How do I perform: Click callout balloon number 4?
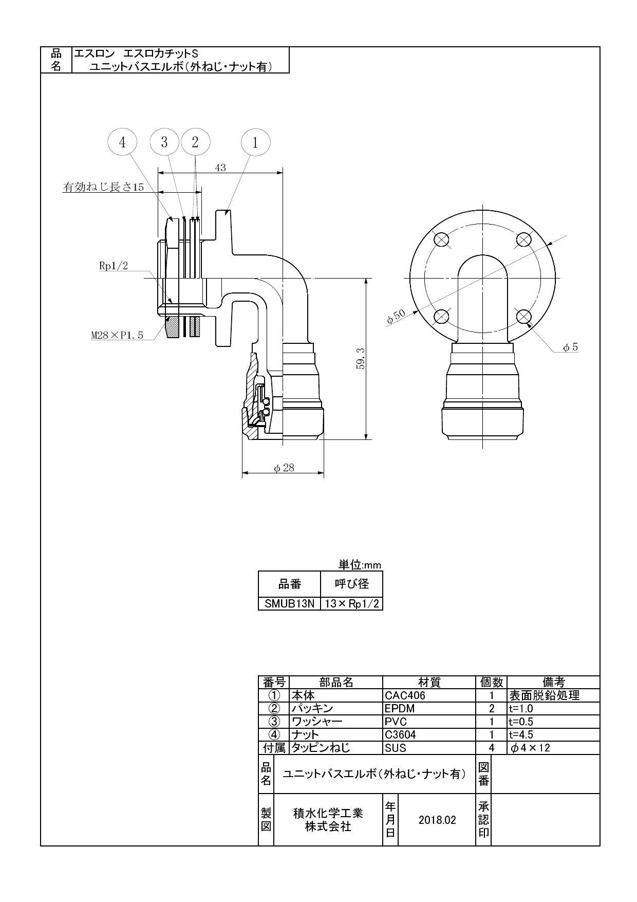click(122, 142)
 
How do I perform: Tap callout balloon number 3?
click(164, 142)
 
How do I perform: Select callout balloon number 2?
click(195, 142)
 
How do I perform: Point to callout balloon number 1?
click(255, 142)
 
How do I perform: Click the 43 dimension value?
click(220, 168)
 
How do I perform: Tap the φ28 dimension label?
click(284, 468)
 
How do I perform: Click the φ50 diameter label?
click(396, 317)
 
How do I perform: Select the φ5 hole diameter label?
click(570, 347)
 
